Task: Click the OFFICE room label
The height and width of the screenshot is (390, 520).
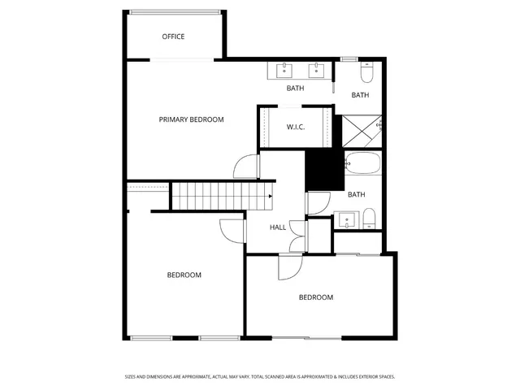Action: click(173, 37)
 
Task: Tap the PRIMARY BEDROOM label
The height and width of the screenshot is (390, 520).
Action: click(191, 119)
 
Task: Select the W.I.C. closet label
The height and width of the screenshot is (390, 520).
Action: click(295, 128)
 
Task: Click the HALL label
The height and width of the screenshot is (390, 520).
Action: click(278, 227)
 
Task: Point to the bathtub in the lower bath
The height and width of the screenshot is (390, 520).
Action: click(362, 165)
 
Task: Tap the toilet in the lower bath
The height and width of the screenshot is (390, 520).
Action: click(369, 218)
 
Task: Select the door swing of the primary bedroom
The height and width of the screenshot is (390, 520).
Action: click(244, 167)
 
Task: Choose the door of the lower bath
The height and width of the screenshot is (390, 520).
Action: click(318, 202)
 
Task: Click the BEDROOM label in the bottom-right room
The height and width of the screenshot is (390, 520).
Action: click(315, 297)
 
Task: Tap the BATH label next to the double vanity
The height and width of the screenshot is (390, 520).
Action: click(295, 88)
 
